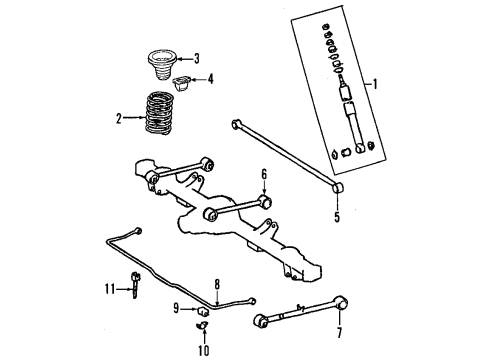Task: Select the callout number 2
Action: click(x=119, y=119)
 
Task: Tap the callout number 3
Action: click(x=197, y=58)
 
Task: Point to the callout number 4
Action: click(x=209, y=78)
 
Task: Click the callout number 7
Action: click(x=339, y=331)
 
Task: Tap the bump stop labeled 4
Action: click(x=183, y=81)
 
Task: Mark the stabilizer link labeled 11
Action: click(x=134, y=287)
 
